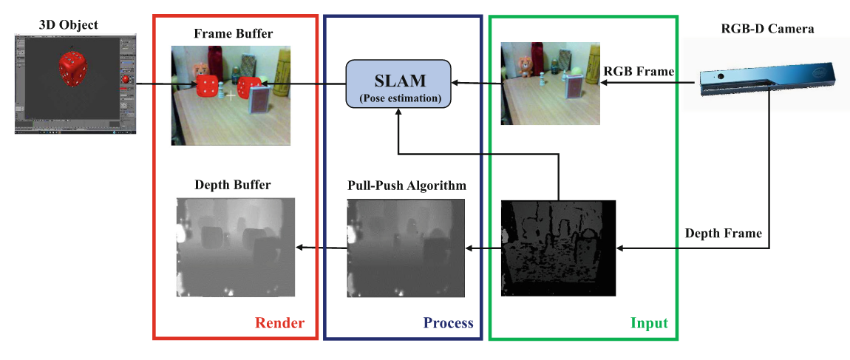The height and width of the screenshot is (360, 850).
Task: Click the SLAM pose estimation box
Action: (x=398, y=84)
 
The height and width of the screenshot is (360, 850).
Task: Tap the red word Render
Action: (x=279, y=323)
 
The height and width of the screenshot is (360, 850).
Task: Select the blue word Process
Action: (x=448, y=323)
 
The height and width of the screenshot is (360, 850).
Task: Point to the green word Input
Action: (x=650, y=323)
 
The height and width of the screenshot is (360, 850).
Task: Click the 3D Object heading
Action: (x=68, y=26)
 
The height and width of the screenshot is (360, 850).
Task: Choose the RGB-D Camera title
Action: (x=766, y=30)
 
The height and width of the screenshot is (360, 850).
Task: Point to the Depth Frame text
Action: (x=722, y=233)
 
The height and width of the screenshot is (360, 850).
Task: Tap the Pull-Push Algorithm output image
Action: (x=406, y=247)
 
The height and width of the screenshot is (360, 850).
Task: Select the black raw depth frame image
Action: (x=558, y=248)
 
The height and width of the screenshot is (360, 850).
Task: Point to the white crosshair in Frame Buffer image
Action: (x=231, y=95)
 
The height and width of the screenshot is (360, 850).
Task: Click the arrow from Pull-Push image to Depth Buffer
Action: (x=321, y=248)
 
